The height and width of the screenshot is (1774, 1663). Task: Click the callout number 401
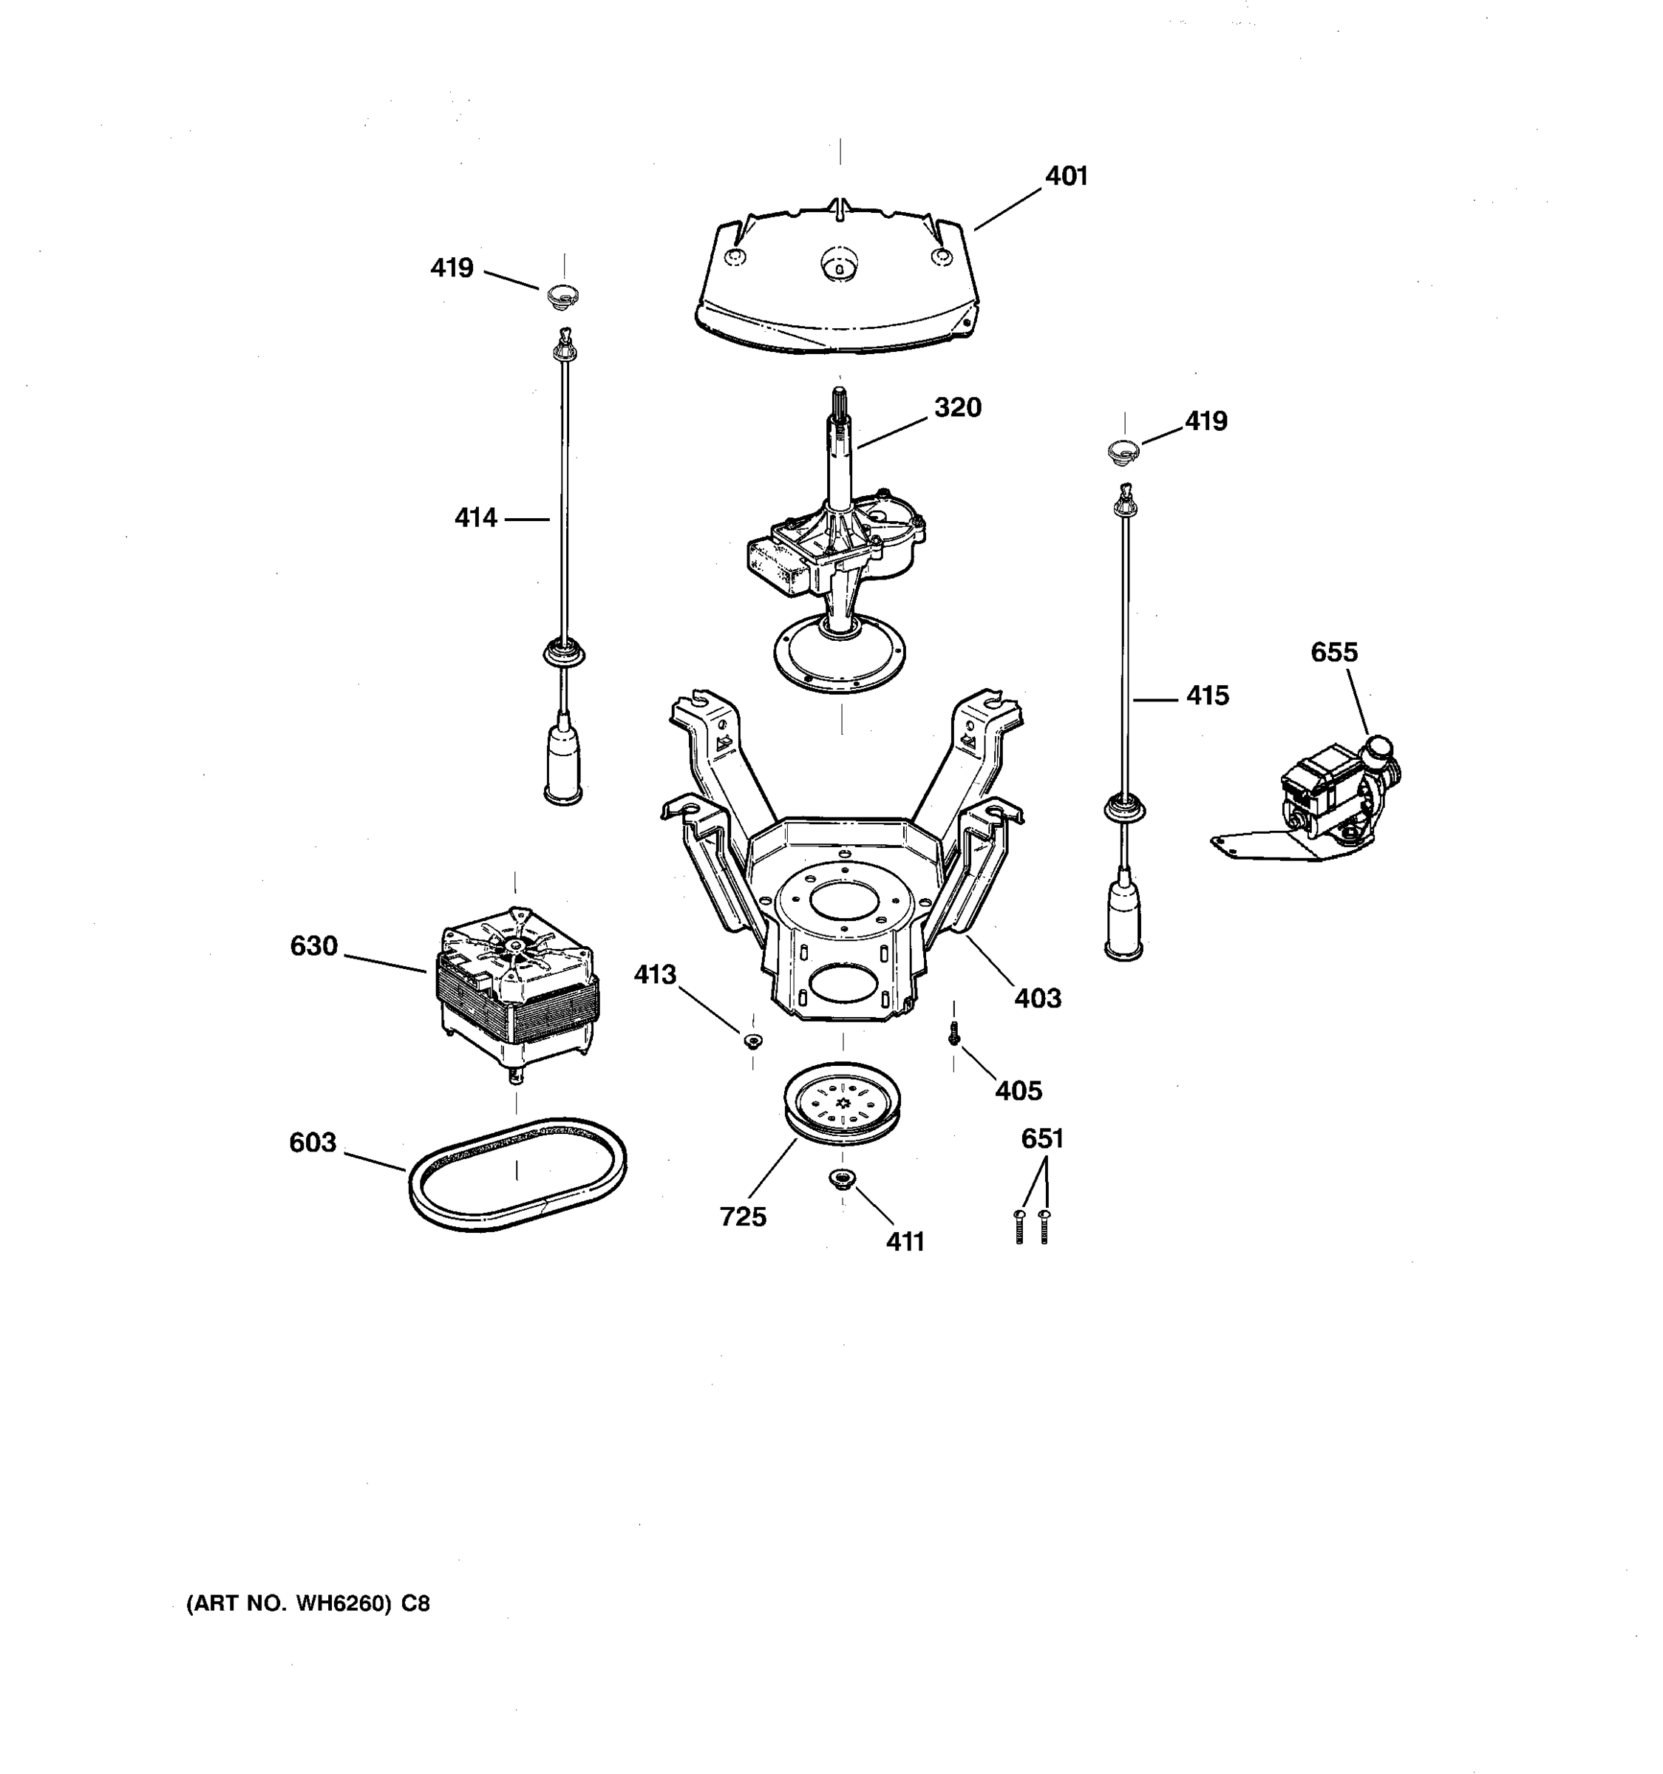1066,177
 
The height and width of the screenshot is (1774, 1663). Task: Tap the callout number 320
957,408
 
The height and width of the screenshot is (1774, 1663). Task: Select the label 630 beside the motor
314,946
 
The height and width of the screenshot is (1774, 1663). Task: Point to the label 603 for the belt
312,1142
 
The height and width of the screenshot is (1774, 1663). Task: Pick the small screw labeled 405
953,1035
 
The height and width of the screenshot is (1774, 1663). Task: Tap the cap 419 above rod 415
1123,451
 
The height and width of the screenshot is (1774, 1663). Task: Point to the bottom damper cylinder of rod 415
1124,923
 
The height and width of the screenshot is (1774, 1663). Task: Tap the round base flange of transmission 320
840,660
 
